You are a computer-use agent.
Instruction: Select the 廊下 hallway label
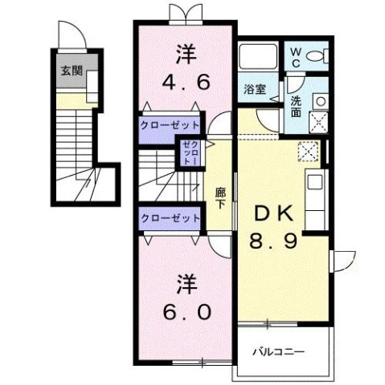[x=219, y=197]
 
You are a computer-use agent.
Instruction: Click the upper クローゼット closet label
[x=169, y=126]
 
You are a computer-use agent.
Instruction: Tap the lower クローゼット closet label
[x=169, y=218]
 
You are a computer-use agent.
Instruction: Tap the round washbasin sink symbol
[x=318, y=101]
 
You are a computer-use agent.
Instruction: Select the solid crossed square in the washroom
[x=318, y=122]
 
